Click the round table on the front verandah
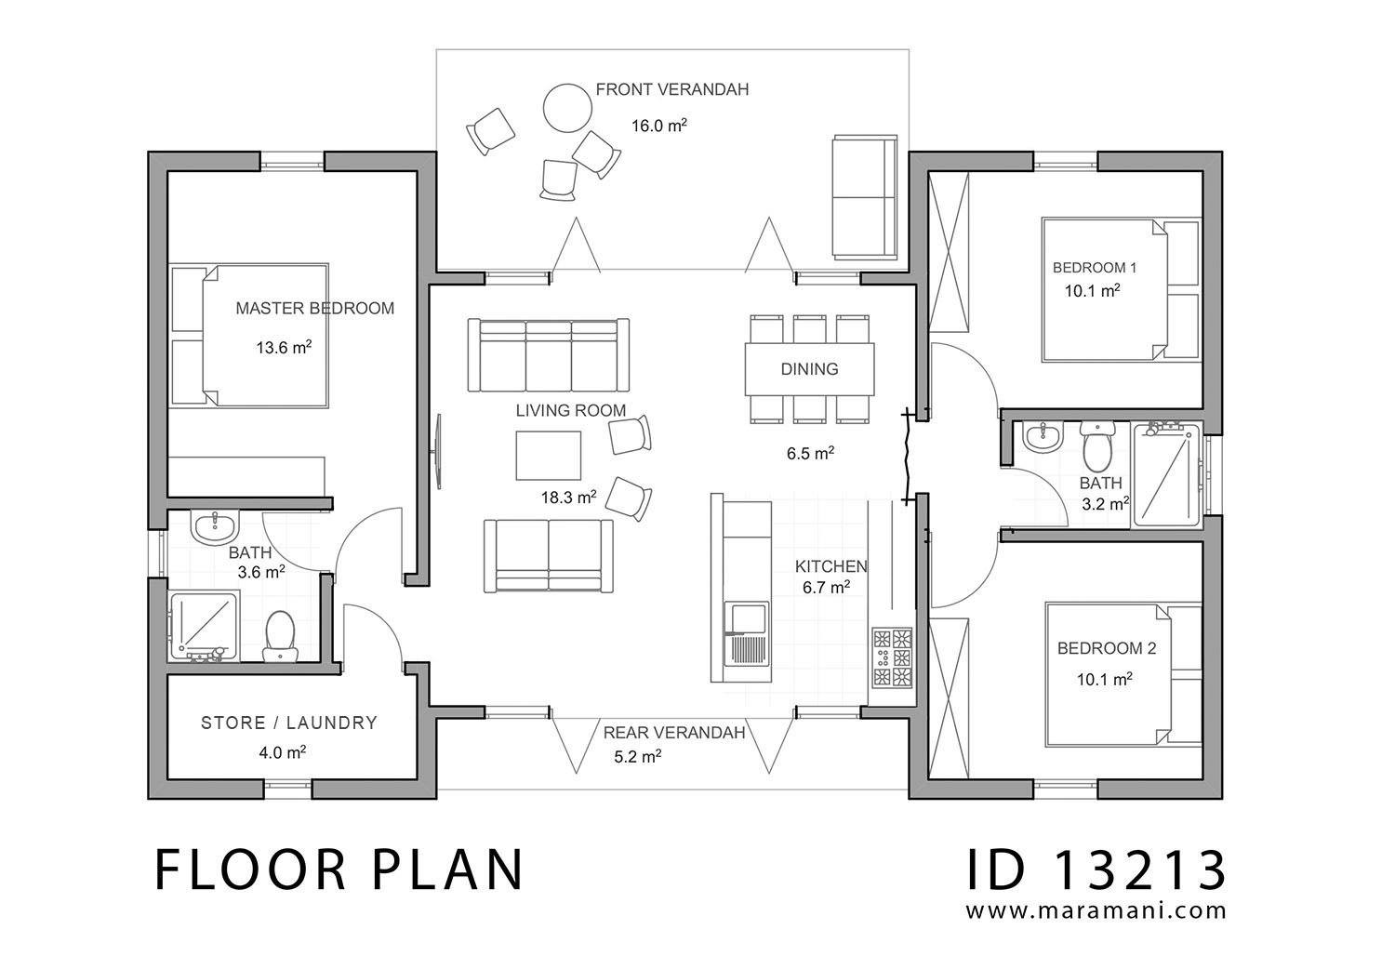pyautogui.click(x=567, y=108)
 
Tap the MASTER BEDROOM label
pyautogui.click(x=314, y=308)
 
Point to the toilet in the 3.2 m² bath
pyautogui.click(x=1098, y=445)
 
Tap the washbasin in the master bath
pyautogui.click(x=216, y=527)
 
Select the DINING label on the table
pyautogui.click(x=809, y=369)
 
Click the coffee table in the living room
pyautogui.click(x=549, y=455)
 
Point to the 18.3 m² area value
pyautogui.click(x=568, y=498)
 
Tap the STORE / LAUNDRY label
pyautogui.click(x=289, y=723)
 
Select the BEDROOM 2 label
pyautogui.click(x=1106, y=648)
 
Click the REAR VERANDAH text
pyautogui.click(x=674, y=733)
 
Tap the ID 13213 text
pyautogui.click(x=1096, y=870)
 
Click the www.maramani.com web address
pyautogui.click(x=1096, y=911)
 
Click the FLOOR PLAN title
pyautogui.click(x=339, y=870)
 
